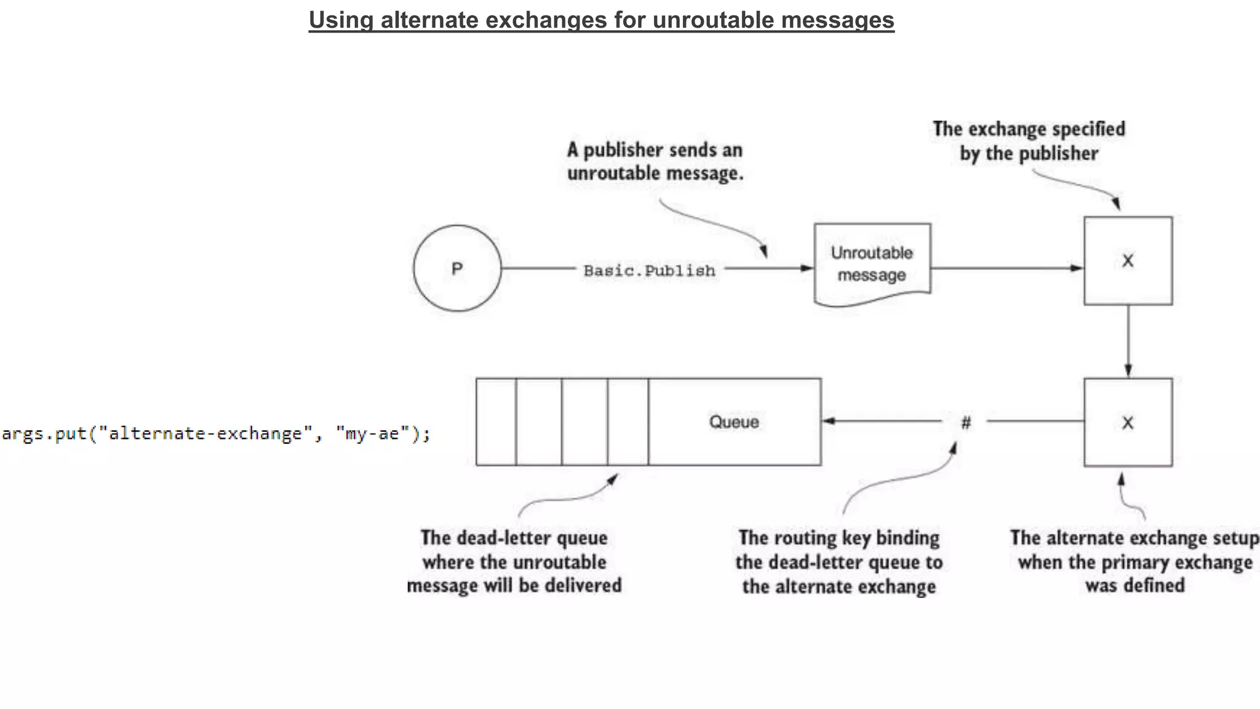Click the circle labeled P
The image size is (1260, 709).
tap(457, 268)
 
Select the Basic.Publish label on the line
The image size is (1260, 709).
tap(649, 271)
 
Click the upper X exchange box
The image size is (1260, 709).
tap(1128, 261)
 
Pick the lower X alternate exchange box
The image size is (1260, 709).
tap(1128, 423)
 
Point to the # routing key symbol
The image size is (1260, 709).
tap(966, 422)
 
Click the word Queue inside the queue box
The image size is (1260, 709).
tap(733, 422)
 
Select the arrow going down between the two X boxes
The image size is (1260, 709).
tap(1128, 342)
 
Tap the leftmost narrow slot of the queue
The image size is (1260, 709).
tap(496, 422)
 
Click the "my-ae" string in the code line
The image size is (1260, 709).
tap(372, 434)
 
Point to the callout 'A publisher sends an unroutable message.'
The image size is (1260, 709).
tap(655, 161)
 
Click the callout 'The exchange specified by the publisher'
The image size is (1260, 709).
tap(1029, 141)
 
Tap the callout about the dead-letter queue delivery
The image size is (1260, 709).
tap(514, 561)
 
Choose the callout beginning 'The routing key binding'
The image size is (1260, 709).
tap(839, 562)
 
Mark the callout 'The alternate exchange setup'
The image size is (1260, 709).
tap(1134, 561)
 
